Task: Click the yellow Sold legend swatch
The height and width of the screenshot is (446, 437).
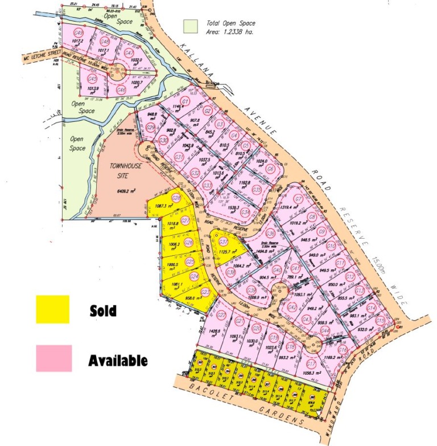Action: click(52, 309)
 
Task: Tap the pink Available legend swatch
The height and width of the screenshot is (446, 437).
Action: click(54, 358)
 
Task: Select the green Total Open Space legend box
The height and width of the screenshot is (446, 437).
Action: click(191, 26)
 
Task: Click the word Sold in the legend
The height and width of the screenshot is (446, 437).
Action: click(103, 311)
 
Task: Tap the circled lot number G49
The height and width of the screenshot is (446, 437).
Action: click(79, 33)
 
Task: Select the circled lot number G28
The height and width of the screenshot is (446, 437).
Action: click(177, 198)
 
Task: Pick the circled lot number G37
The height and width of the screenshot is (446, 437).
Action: click(216, 242)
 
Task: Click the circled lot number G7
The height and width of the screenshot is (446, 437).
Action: click(298, 199)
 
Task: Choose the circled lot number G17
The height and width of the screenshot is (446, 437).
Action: click(311, 365)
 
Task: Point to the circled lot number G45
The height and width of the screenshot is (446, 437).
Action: click(93, 79)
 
